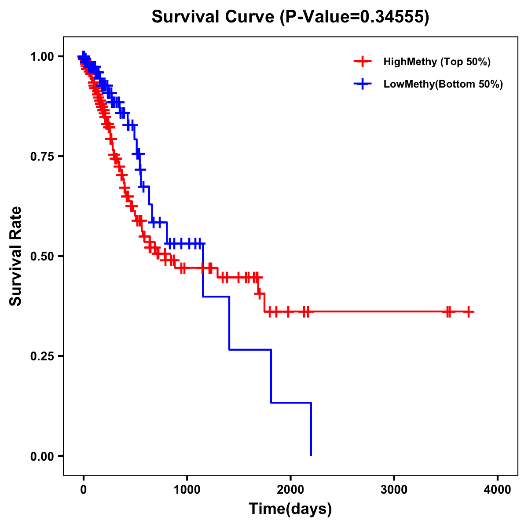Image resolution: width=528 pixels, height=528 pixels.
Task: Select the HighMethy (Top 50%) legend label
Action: [436, 62]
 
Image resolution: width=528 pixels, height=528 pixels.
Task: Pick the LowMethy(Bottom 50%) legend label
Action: [443, 84]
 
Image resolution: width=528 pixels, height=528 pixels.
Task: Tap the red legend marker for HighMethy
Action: [362, 62]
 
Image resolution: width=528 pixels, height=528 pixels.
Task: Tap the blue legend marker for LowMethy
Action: [362, 84]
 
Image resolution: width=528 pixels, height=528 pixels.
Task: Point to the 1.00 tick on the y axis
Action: [41, 56]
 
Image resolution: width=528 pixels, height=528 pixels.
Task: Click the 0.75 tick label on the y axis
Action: [41, 156]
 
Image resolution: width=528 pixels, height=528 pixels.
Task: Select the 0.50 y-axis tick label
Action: [41, 256]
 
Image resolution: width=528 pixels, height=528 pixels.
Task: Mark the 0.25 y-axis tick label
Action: [41, 356]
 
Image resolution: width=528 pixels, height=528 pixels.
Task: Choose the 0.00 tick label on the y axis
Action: [41, 456]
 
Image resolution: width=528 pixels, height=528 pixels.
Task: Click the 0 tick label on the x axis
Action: [84, 490]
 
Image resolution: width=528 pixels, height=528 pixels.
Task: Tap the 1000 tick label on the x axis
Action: [187, 490]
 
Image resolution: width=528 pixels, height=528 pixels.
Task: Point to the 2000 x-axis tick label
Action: [290, 490]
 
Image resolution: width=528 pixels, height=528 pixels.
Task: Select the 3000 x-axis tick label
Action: [394, 490]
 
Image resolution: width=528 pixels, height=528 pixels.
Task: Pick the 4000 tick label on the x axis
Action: [498, 490]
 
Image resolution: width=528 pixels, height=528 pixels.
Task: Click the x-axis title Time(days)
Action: [290, 509]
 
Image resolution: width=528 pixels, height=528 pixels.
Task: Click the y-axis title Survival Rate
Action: [16, 256]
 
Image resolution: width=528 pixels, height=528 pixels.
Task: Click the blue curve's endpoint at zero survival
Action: [311, 455]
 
